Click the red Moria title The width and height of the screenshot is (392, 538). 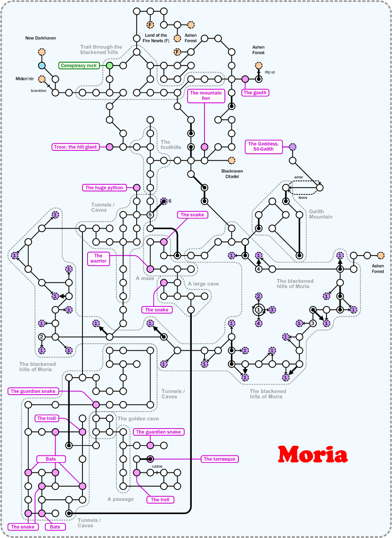point(313,454)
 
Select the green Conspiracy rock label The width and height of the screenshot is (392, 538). point(79,66)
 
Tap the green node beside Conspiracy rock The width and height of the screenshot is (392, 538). point(109,66)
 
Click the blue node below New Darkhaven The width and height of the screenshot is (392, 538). point(41,66)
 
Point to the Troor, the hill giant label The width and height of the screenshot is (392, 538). point(75,147)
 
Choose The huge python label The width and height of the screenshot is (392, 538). point(104,188)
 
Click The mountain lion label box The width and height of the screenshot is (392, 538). point(206,96)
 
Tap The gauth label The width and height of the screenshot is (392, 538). point(255,93)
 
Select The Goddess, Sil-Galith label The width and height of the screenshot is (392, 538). point(264,147)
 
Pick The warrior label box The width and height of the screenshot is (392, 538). point(98,258)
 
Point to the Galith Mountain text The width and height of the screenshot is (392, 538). point(320,214)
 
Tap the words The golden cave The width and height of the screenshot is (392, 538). point(138,419)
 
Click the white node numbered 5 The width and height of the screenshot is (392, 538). point(150,215)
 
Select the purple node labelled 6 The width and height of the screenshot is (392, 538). point(163,201)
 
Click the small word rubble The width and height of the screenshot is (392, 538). point(157,466)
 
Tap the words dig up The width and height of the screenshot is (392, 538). point(269,72)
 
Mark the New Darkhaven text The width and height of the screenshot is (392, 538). point(41,38)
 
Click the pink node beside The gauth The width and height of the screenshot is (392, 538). point(245,79)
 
